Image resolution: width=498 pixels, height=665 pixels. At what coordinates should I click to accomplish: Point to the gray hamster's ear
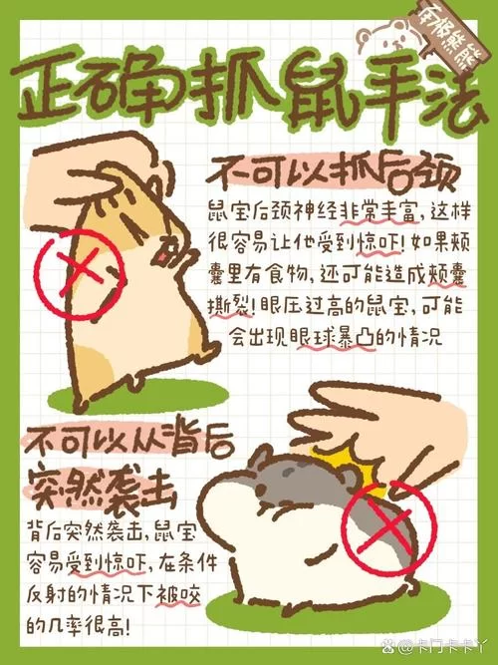coord(262,462)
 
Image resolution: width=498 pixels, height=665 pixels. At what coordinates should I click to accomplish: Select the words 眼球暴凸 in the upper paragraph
coord(325,336)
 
